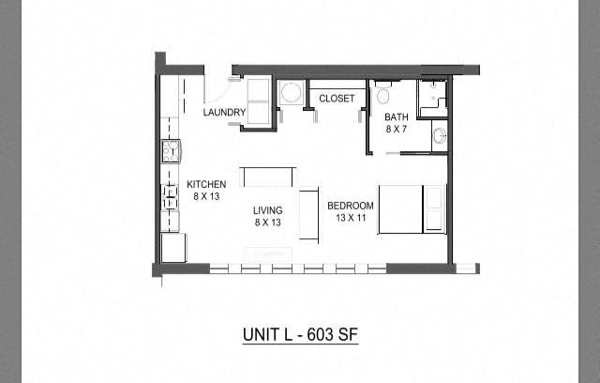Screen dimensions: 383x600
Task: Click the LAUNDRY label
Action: click(224, 113)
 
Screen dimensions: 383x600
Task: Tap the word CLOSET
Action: click(336, 98)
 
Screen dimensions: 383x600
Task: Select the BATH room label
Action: click(396, 117)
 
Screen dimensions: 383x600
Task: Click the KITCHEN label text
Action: click(206, 184)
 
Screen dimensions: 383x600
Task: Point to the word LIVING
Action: click(267, 211)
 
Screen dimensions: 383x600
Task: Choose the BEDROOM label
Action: click(350, 206)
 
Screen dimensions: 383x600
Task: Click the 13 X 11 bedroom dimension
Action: click(350, 218)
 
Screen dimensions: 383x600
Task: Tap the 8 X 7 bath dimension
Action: click(396, 130)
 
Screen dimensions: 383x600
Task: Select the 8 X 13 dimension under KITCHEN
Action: click(206, 196)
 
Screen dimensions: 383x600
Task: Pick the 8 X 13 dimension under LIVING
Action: click(267, 223)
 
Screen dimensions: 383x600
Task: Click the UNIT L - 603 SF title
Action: click(299, 333)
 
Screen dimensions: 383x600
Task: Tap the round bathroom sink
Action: click(440, 135)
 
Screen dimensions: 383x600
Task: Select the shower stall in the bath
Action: click(432, 97)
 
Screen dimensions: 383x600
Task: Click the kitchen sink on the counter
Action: click(171, 150)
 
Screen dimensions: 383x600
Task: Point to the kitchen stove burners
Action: click(172, 196)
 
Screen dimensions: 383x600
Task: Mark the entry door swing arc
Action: click(217, 91)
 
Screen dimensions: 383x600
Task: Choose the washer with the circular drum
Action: click(290, 94)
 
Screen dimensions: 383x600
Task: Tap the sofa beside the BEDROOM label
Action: click(309, 214)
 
